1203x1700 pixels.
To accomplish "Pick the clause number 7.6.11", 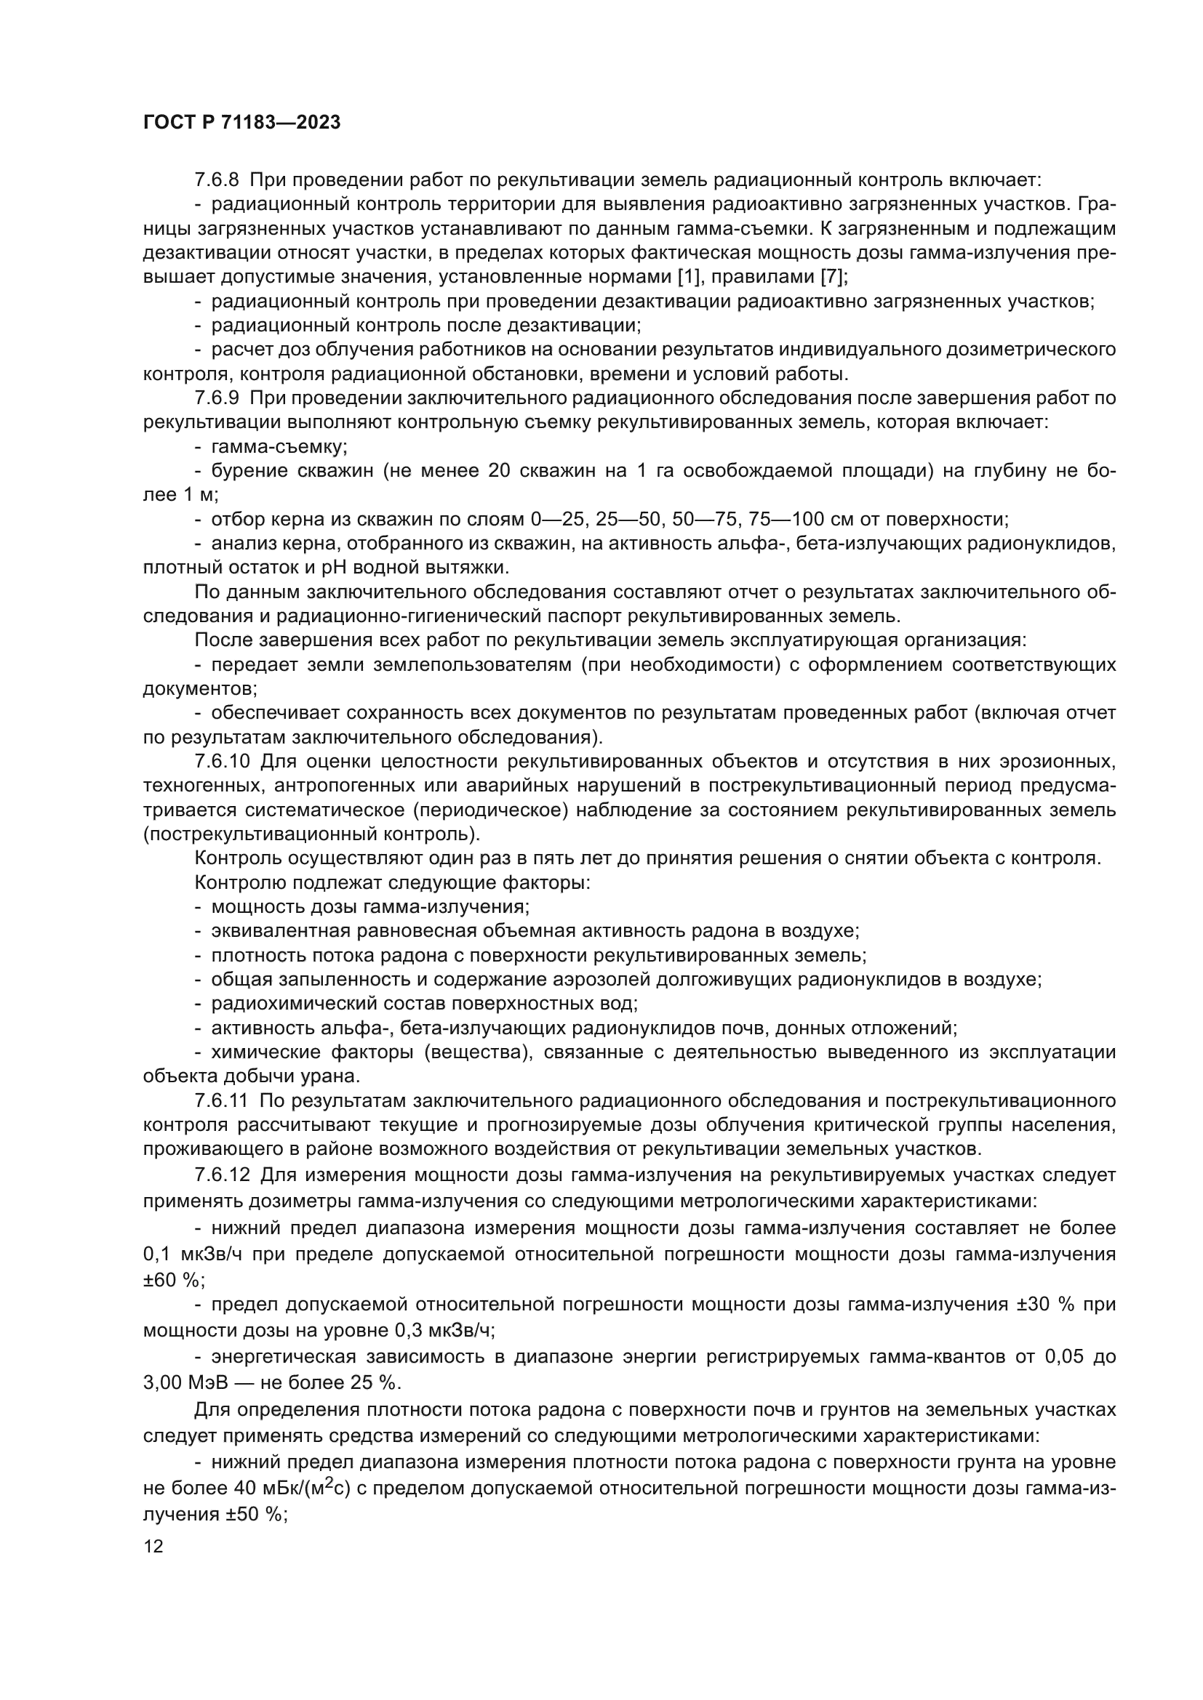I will pyautogui.click(x=222, y=1100).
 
